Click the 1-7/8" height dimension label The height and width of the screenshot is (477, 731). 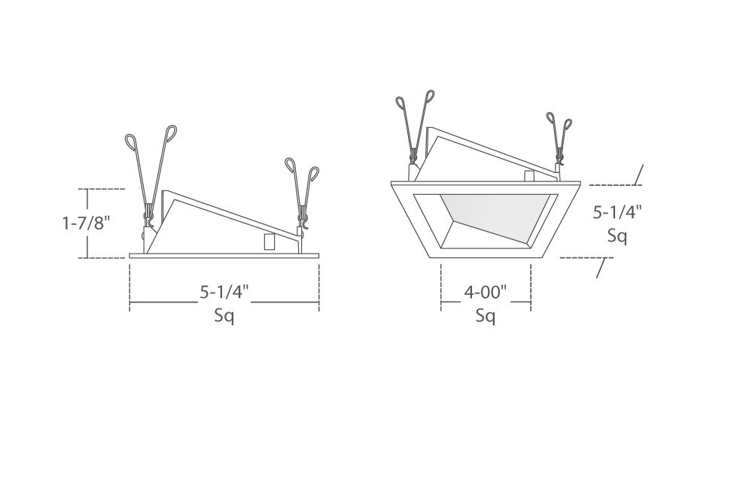pyautogui.click(x=87, y=223)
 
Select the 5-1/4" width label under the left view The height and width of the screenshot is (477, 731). pyautogui.click(x=224, y=292)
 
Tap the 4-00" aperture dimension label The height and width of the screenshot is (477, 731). pyautogui.click(x=486, y=293)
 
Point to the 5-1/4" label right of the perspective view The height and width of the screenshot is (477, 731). pyautogui.click(x=617, y=212)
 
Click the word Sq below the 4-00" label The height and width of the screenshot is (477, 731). pyautogui.click(x=486, y=316)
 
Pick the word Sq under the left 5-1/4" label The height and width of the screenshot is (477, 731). pyautogui.click(x=224, y=316)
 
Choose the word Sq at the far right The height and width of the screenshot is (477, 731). pyautogui.click(x=617, y=236)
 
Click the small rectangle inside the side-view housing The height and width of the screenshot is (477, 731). pyautogui.click(x=270, y=242)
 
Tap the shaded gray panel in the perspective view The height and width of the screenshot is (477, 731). pyautogui.click(x=494, y=214)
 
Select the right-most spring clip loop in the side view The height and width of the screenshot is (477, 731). pyautogui.click(x=314, y=173)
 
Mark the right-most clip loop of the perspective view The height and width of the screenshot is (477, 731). pyautogui.click(x=568, y=124)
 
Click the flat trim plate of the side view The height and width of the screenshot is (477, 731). pyautogui.click(x=224, y=255)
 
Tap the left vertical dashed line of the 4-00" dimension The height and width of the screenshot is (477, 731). pyautogui.click(x=441, y=287)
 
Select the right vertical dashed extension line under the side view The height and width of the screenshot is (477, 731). pyautogui.click(x=319, y=287)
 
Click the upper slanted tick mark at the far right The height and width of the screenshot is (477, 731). pyautogui.click(x=639, y=175)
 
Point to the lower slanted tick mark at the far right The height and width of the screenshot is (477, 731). pyautogui.click(x=602, y=268)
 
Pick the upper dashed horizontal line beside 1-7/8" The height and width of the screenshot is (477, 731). pyautogui.click(x=102, y=189)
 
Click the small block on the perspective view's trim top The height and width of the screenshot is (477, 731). pyautogui.click(x=529, y=176)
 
